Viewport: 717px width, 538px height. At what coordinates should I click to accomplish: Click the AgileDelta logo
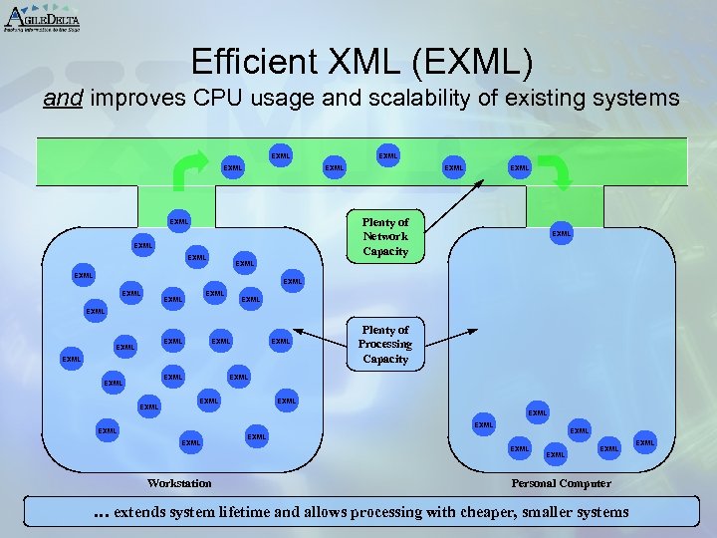click(x=42, y=17)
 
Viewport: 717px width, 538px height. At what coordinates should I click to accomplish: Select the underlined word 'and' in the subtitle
click(x=62, y=99)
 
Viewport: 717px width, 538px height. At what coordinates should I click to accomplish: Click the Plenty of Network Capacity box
click(x=384, y=237)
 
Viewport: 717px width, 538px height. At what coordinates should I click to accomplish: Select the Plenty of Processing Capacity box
click(x=384, y=344)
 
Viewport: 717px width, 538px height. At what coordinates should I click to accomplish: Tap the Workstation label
click(x=179, y=483)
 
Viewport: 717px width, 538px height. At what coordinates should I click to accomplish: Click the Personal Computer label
click(x=561, y=483)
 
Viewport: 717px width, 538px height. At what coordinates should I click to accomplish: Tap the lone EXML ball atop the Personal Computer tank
click(x=562, y=233)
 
